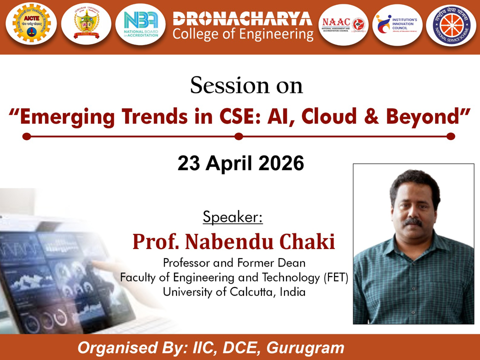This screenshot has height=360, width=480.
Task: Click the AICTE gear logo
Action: coord(31,24)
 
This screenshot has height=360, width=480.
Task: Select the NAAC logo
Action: coord(343,23)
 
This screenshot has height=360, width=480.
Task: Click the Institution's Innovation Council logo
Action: coord(397,23)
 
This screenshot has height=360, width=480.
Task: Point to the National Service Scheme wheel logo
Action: coord(451,24)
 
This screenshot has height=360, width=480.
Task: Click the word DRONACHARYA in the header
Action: coord(242,19)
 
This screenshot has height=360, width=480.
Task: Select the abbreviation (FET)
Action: coord(333,277)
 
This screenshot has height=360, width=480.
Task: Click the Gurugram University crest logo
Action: coord(86,24)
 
